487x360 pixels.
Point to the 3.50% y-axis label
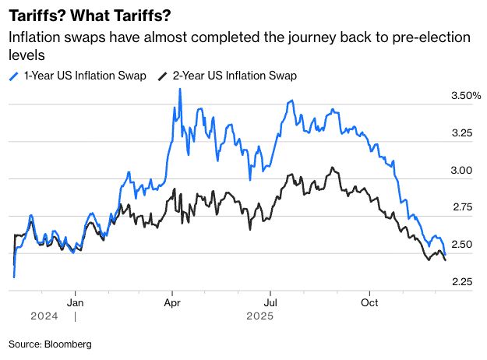(466, 96)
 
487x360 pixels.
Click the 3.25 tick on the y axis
(463, 133)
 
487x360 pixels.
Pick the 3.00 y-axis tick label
(463, 170)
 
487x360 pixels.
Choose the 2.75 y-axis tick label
(463, 207)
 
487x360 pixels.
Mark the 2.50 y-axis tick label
(463, 244)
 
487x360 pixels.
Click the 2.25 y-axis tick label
(463, 281)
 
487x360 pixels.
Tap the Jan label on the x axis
(76, 302)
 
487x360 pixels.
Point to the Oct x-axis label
(369, 302)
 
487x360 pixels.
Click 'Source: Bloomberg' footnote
(51, 344)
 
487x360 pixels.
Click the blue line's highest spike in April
(180, 89)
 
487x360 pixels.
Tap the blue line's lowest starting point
(14, 277)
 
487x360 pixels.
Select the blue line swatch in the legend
(14, 76)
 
